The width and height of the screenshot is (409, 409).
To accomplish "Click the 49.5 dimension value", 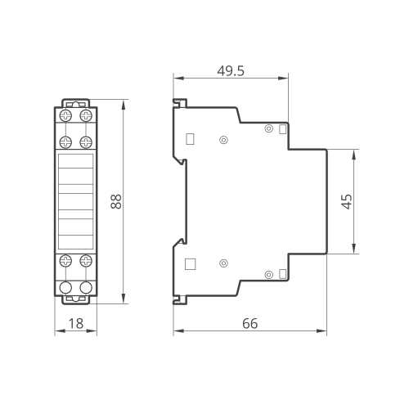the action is pyautogui.click(x=231, y=71).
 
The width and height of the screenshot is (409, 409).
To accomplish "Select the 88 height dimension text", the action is pyautogui.click(x=116, y=201).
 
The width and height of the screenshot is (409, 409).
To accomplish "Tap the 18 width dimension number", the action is pyautogui.click(x=76, y=324).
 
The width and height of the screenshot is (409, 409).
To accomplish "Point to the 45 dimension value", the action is pyautogui.click(x=347, y=201).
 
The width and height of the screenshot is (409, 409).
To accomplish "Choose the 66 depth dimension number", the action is pyautogui.click(x=249, y=324).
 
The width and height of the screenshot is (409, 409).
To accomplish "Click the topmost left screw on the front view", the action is pyautogui.click(x=65, y=115).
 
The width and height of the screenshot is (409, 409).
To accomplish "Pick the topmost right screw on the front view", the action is pyautogui.click(x=86, y=115).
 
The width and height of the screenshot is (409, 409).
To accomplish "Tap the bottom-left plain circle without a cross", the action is pyautogui.click(x=65, y=287).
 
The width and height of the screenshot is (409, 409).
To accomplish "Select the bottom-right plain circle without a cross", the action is pyautogui.click(x=86, y=287).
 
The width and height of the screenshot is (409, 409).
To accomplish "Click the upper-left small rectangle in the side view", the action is pyautogui.click(x=190, y=139).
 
